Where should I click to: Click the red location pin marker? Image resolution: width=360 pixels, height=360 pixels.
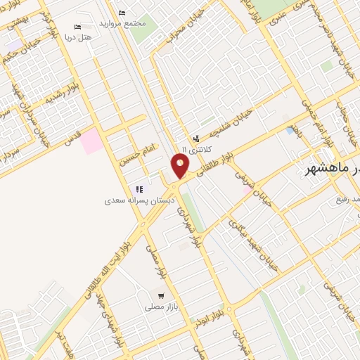[180, 166]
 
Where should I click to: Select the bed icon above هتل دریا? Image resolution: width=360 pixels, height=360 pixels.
[77, 27]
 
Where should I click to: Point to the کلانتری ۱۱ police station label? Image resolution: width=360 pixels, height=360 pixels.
[196, 150]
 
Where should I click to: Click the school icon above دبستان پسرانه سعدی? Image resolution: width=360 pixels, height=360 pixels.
[139, 189]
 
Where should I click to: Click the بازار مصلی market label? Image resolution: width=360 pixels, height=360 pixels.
[160, 307]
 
